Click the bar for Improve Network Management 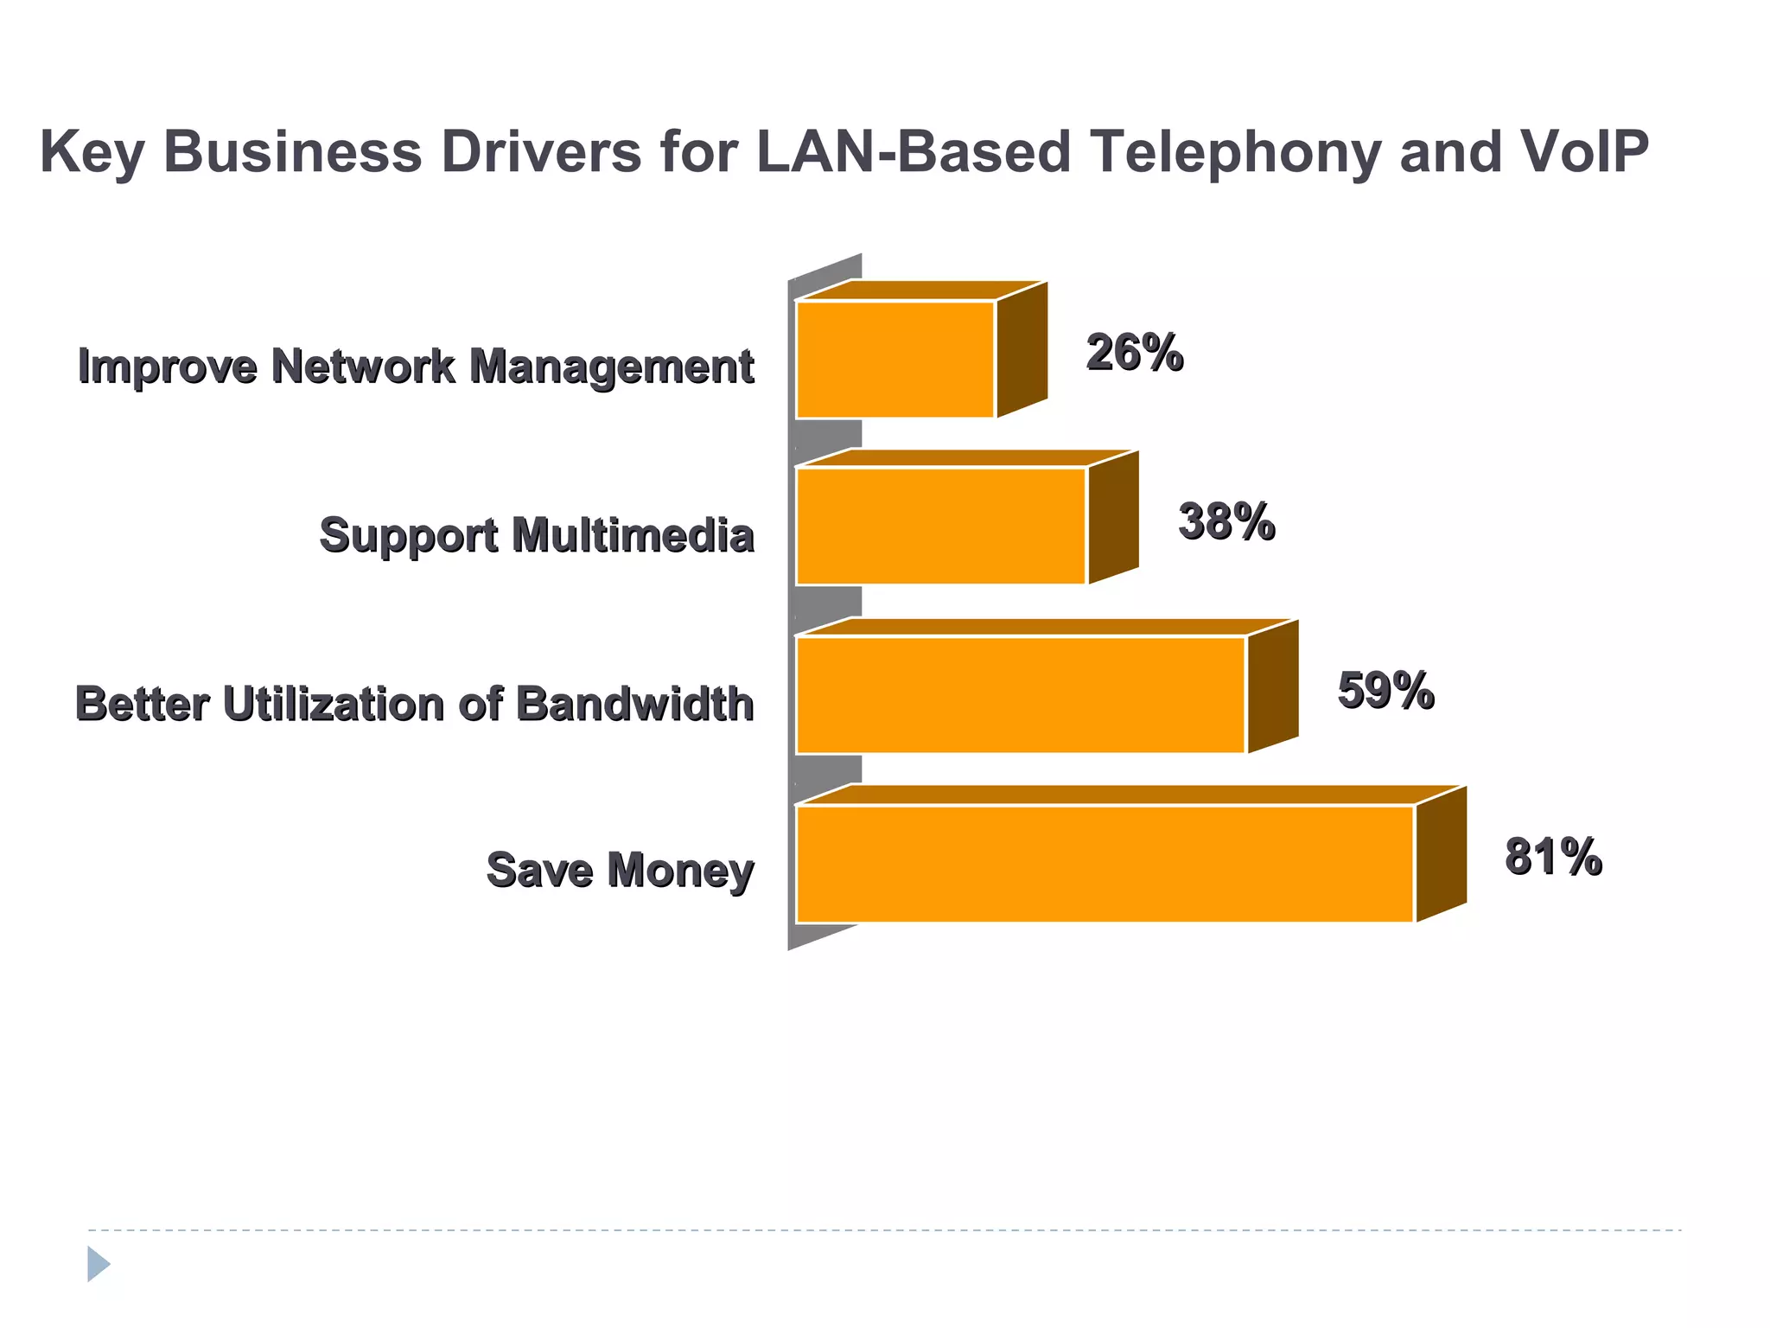pyautogui.click(x=895, y=359)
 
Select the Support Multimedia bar pyautogui.click(x=940, y=526)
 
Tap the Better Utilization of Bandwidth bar pyautogui.click(x=1020, y=694)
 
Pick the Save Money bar pyautogui.click(x=1105, y=863)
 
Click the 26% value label pyautogui.click(x=1134, y=353)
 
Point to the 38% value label pyautogui.click(x=1226, y=521)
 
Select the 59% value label pyautogui.click(x=1385, y=690)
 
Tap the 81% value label pyautogui.click(x=1553, y=857)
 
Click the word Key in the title pyautogui.click(x=92, y=152)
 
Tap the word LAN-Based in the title pyautogui.click(x=914, y=152)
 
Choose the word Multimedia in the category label pyautogui.click(x=633, y=535)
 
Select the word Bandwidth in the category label pyautogui.click(x=635, y=704)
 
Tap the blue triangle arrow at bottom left pyautogui.click(x=98, y=1263)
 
